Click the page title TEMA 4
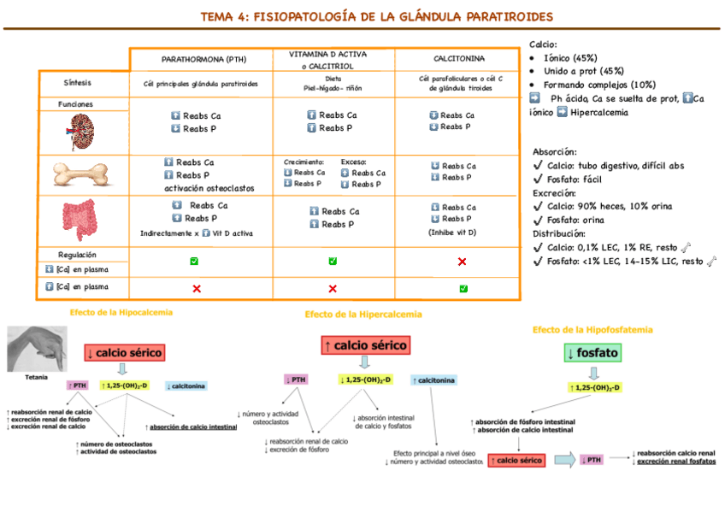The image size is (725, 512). click(x=376, y=17)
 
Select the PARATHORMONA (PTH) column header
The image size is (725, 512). click(x=203, y=59)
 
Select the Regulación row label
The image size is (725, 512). click(x=78, y=255)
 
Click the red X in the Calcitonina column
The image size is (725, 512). click(x=462, y=262)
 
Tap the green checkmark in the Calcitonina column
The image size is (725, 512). click(x=463, y=288)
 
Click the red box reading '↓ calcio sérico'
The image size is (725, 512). click(x=124, y=352)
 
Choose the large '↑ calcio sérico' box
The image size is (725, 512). click(x=365, y=345)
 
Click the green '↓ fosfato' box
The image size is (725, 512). click(x=592, y=352)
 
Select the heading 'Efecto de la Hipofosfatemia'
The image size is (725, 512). click(x=592, y=329)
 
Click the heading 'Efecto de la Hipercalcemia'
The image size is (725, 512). click(x=363, y=314)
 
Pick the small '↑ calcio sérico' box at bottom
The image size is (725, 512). click(x=516, y=460)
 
